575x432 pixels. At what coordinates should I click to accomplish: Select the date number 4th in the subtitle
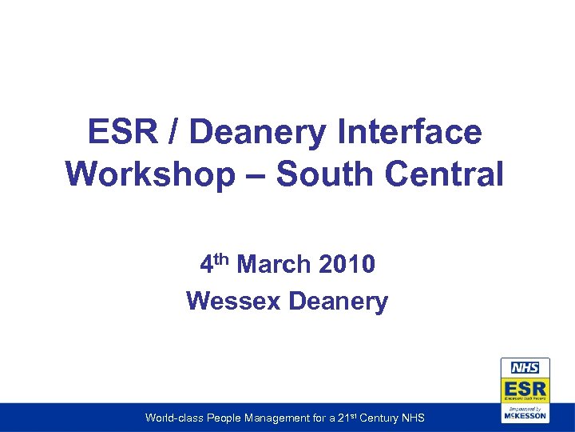214,263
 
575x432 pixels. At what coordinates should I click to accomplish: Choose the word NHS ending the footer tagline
414,418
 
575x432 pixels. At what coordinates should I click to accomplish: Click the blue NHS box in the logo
525,368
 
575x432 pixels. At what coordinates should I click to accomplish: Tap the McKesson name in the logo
525,416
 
